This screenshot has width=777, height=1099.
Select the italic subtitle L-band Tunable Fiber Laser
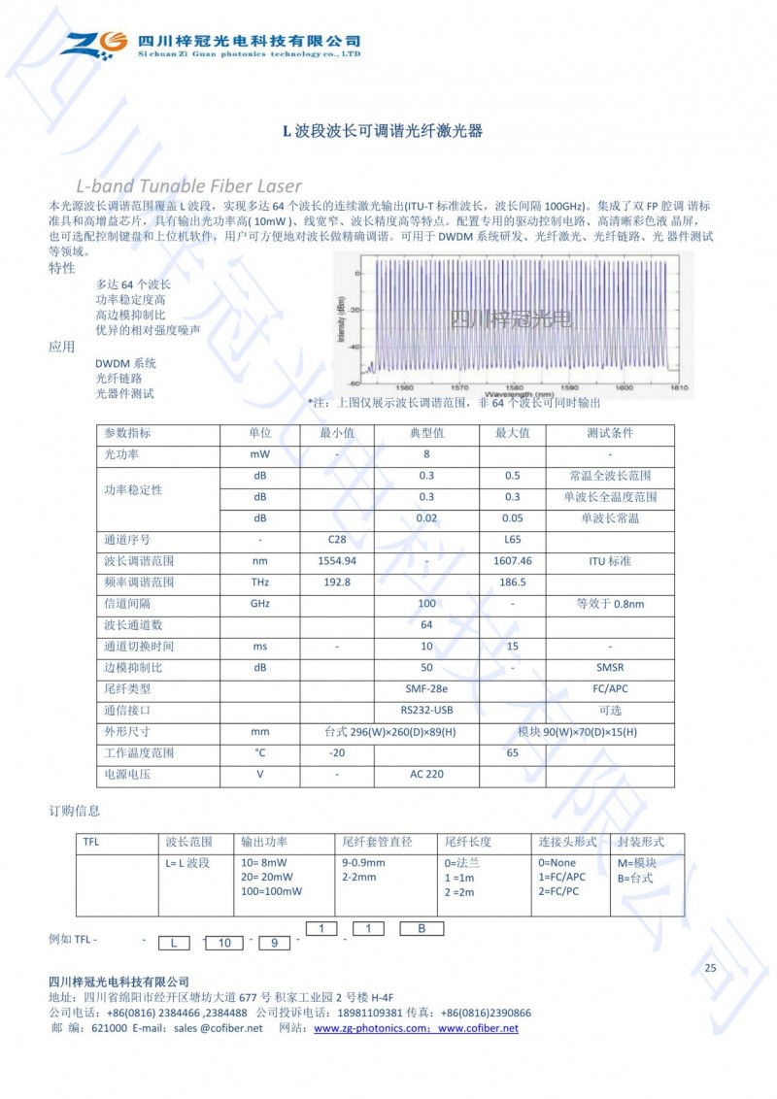coord(188,185)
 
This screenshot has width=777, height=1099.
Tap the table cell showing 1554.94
coord(337,561)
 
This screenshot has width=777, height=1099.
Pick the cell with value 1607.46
coord(512,561)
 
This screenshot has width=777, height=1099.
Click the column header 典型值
coord(425,433)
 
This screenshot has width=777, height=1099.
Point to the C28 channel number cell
coord(337,539)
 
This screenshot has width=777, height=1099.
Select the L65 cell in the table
coord(512,539)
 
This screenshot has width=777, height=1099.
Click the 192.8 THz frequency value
coord(337,583)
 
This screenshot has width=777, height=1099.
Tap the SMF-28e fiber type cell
coord(425,688)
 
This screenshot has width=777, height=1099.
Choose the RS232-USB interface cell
coord(425,710)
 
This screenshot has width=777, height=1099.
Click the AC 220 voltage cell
coord(425,775)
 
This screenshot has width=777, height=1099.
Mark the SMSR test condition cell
coord(609,668)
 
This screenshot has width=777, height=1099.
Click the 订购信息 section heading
coord(75,811)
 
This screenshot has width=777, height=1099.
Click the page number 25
coord(710,968)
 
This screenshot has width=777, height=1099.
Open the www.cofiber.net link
coord(478,1029)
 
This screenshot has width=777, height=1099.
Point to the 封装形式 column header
coord(642,843)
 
